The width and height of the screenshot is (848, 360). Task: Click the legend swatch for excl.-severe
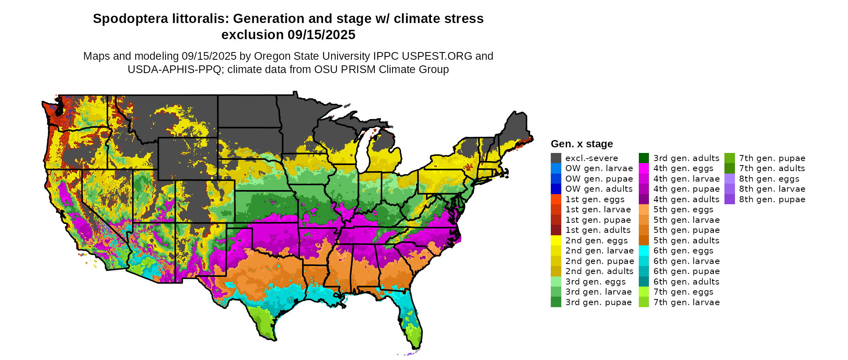(x=556, y=158)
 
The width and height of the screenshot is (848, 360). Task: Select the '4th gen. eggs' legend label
(x=683, y=168)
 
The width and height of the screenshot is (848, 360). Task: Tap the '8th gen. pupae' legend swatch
(x=729, y=199)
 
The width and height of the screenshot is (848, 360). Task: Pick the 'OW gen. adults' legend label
(x=599, y=189)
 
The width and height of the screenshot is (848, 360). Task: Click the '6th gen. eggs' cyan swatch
(x=644, y=251)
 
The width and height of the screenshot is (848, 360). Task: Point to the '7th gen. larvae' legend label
(x=686, y=302)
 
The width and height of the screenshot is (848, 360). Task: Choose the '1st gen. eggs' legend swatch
(x=556, y=199)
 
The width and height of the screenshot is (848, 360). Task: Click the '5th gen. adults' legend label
(x=686, y=241)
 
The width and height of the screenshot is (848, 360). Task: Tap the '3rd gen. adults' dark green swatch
(x=644, y=158)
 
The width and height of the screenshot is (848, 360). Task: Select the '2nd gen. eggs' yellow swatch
(x=556, y=241)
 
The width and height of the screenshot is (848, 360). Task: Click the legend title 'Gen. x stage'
(x=581, y=144)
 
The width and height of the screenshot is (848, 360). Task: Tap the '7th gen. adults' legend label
(x=772, y=168)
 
